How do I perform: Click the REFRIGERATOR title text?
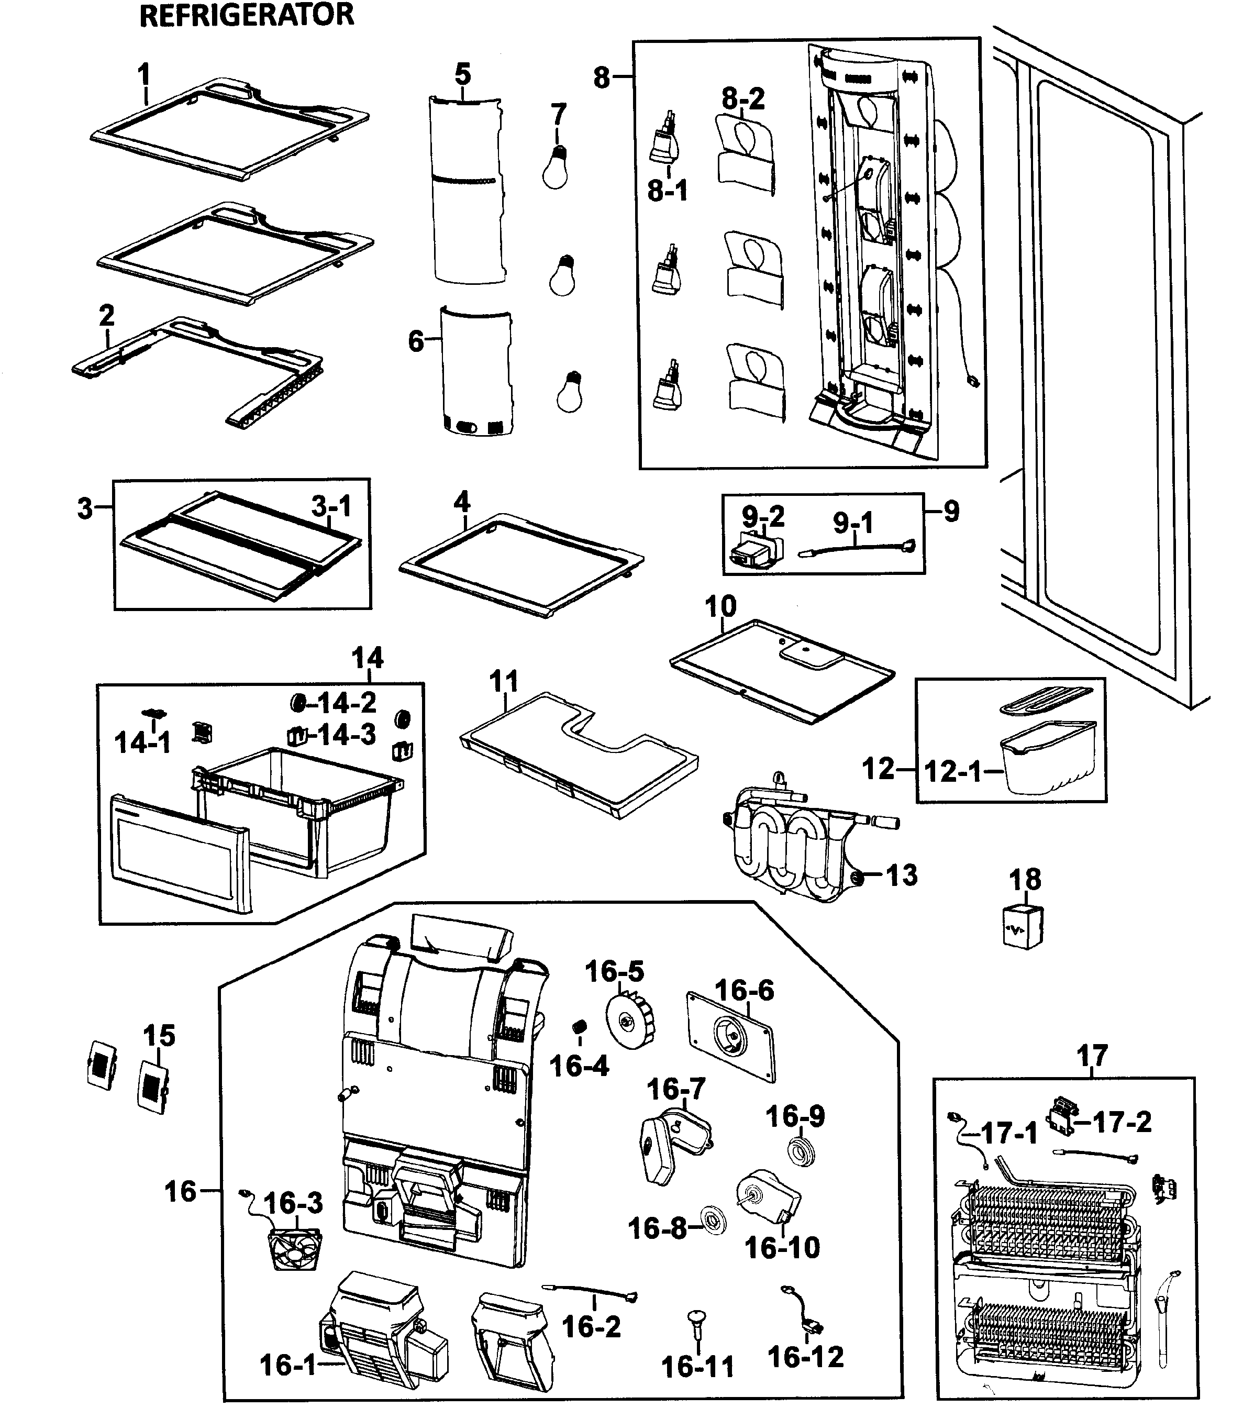click(247, 15)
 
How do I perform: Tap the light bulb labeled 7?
click(556, 167)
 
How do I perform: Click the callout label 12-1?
click(952, 771)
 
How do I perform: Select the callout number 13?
click(901, 875)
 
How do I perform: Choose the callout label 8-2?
click(743, 99)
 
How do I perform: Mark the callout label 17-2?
click(1122, 1122)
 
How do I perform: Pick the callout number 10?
click(720, 606)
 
